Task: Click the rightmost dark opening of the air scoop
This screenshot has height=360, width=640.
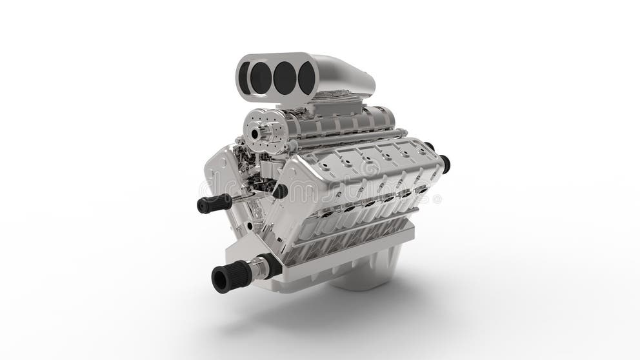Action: [x=306, y=78]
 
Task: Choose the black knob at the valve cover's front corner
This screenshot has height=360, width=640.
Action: [x=280, y=191]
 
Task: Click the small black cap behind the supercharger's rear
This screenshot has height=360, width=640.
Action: [x=429, y=146]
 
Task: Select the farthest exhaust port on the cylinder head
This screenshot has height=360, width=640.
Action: [x=418, y=189]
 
